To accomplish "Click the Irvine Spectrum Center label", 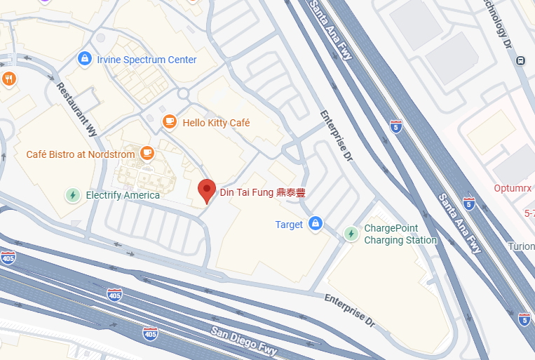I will point(147,60).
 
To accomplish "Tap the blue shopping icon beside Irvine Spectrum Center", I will point(85,59).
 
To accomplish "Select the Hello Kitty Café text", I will point(215,123).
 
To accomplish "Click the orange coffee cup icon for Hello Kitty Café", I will point(169,122).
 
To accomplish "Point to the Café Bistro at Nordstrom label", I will point(80,154).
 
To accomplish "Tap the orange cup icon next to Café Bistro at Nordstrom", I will point(147,153).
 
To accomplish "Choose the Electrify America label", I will point(122,195).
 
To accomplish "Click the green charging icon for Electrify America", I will point(72,195).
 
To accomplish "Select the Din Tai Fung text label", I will point(262,193).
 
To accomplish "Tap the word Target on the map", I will point(289,225).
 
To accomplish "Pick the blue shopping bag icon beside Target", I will point(316,224).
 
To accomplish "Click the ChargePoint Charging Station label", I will point(400,234).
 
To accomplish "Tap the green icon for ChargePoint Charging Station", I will point(351,234).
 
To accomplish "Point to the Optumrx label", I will point(514,188).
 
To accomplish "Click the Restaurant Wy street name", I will point(76,108).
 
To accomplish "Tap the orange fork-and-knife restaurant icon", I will point(8,79).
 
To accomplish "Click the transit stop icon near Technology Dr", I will point(521,61).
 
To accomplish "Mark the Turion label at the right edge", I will point(522,246).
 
